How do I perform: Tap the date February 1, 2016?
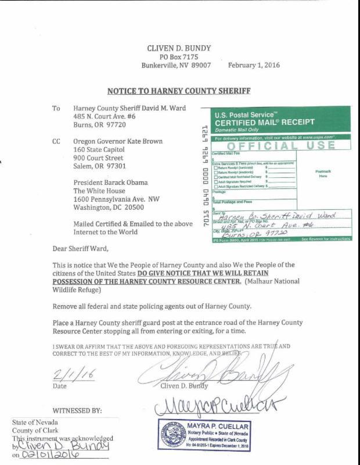[254, 65]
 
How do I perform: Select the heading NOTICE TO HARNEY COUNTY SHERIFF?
[179, 91]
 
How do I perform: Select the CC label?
[56, 141]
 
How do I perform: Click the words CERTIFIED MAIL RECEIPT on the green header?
[265, 122]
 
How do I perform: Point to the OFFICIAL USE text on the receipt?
[277, 145]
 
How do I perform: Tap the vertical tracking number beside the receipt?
[205, 177]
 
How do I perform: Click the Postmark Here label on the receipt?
[323, 174]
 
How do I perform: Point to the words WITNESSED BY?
[77, 411]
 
